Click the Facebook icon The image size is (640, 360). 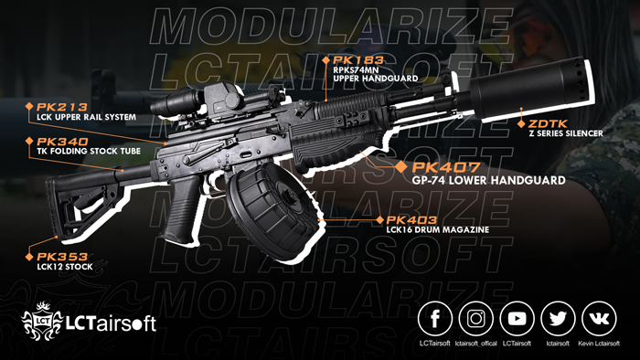[435, 319]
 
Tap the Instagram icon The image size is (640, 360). [475, 319]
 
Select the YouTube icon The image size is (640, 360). [517, 319]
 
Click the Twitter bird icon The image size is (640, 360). [558, 319]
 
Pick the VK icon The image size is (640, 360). [599, 319]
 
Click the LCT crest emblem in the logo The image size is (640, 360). [40, 320]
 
